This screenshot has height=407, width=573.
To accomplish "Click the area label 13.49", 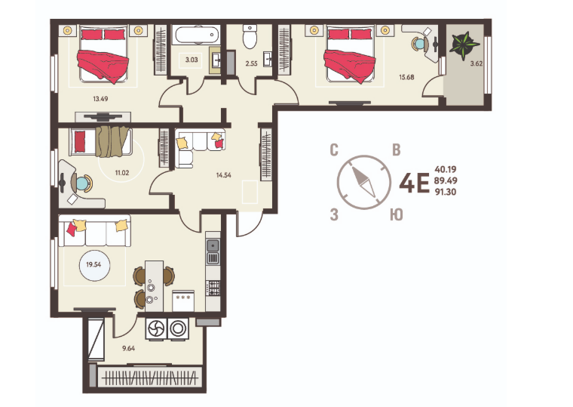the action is tap(100, 98).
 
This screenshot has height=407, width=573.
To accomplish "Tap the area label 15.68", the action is tap(406, 77).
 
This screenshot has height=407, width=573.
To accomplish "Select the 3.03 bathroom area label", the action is tap(192, 60).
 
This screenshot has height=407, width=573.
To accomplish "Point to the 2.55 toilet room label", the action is tap(251, 63).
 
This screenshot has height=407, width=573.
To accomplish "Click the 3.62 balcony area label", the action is tap(476, 63).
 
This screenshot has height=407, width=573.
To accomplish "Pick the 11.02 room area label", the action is tap(122, 173).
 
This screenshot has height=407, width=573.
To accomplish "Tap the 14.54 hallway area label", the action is tap(224, 175).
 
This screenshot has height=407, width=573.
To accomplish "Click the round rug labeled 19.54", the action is tap(95, 264).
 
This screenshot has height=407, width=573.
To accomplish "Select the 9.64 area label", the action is tap(128, 348).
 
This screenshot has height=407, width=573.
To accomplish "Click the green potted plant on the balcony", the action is tap(464, 45).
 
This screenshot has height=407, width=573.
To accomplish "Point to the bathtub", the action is tap(197, 35).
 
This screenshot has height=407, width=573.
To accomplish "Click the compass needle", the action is tap(363, 181).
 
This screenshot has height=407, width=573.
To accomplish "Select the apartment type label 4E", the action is tap(414, 183).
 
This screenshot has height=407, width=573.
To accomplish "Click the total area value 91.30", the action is tap(446, 192).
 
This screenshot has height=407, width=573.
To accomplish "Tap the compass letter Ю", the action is tap(397, 215).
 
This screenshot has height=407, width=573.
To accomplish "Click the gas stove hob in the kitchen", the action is tap(213, 288).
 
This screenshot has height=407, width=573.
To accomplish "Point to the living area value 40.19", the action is tap(446, 169).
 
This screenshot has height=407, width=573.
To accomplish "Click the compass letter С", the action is tap(334, 150).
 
